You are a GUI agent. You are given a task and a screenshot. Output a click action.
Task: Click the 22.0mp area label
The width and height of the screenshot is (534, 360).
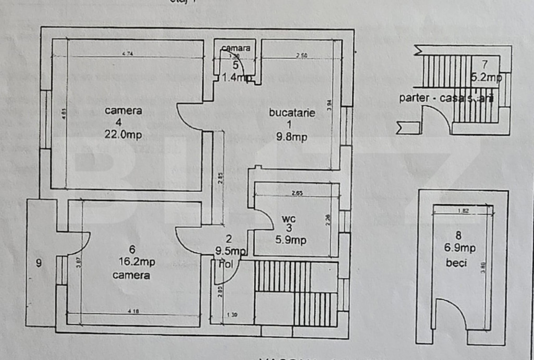click(x=123, y=135)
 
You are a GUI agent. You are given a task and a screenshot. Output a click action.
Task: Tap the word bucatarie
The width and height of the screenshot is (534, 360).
click(x=292, y=112)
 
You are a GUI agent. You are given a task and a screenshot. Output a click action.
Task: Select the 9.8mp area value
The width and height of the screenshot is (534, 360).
click(x=292, y=137)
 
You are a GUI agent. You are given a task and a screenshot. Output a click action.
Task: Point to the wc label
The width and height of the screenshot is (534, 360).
click(x=288, y=219)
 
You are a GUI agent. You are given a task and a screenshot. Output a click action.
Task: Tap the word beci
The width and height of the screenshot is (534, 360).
click(x=457, y=263)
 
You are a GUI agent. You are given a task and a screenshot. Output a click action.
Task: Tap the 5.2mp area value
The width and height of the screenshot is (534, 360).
click(x=486, y=78)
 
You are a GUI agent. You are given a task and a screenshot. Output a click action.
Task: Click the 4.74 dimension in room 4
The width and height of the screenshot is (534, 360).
click(x=127, y=54)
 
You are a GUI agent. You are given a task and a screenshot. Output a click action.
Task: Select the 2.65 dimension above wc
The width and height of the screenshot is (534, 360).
click(x=297, y=194)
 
